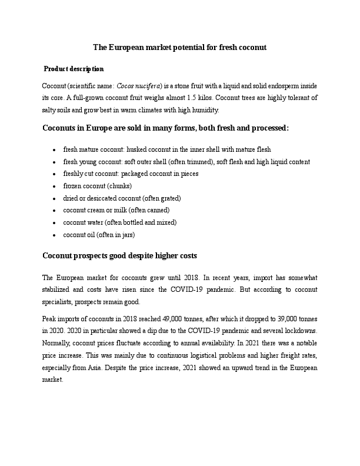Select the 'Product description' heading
point(75,69)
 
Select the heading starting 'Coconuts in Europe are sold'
point(165,128)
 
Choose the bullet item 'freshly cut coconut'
point(131,174)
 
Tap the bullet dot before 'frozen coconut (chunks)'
point(54,186)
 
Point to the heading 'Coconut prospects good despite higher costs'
point(120,256)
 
